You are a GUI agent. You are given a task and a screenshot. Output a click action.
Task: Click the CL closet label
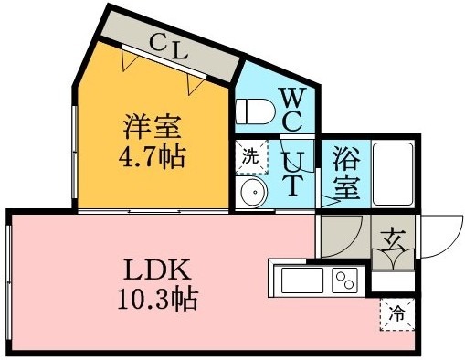click(169, 47)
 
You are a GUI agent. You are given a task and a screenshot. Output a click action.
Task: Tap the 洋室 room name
click(152, 127)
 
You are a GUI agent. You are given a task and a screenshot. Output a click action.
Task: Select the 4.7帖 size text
click(152, 158)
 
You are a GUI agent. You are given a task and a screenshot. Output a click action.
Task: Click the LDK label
click(157, 270)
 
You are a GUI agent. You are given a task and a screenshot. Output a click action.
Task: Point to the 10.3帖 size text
click(157, 299)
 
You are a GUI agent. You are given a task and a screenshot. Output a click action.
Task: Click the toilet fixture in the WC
click(255, 111)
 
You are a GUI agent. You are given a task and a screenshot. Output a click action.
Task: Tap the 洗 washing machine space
click(251, 157)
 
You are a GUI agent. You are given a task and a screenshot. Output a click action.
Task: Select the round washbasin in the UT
click(253, 192)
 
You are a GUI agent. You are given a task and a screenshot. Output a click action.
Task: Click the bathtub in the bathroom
click(393, 175)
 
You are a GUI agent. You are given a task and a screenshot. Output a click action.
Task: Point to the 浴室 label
click(346, 173)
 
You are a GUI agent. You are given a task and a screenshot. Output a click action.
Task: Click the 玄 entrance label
click(393, 240)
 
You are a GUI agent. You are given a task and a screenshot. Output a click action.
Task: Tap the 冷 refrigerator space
click(397, 313)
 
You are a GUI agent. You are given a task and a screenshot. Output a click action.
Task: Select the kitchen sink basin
click(302, 281)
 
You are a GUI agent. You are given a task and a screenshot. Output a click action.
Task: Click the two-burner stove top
click(344, 281)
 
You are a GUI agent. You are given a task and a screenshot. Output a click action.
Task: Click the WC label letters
click(292, 110)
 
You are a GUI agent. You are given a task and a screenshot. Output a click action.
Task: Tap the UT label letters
click(293, 175)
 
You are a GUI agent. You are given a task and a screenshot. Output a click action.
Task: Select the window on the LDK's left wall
click(9, 282)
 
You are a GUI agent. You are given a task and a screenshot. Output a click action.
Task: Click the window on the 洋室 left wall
click(74, 153)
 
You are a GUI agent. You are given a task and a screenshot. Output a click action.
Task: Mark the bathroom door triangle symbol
click(330, 201)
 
